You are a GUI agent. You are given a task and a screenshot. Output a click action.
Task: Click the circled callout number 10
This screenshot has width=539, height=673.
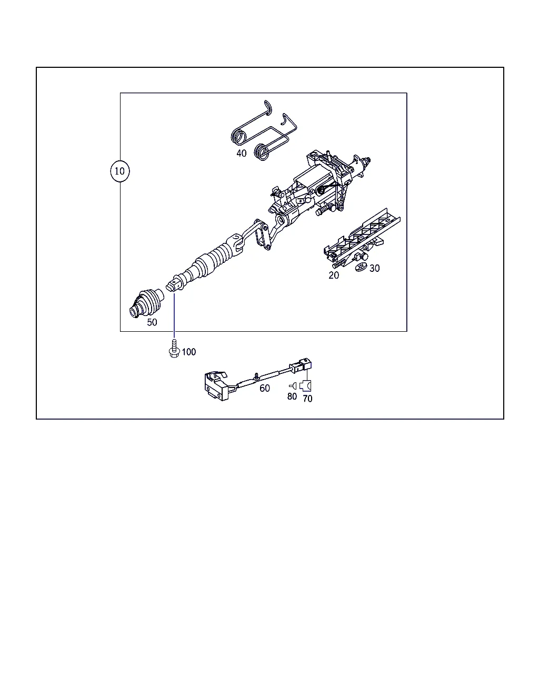120,171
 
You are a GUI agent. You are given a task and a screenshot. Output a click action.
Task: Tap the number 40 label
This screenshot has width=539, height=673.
242,153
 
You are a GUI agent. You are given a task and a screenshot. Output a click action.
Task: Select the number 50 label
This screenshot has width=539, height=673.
152,322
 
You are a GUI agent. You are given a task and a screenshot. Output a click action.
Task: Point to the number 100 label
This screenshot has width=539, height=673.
189,352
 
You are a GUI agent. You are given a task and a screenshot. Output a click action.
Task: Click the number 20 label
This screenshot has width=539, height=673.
334,275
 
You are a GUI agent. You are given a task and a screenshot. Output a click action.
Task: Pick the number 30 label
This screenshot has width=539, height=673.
375,268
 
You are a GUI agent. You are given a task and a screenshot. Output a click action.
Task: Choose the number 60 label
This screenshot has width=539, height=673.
265,388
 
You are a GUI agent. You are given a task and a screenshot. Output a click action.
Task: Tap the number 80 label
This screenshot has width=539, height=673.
292,396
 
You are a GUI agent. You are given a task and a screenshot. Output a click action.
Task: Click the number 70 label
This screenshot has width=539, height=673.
307,399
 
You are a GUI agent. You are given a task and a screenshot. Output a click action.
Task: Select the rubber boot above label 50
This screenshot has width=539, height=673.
146,303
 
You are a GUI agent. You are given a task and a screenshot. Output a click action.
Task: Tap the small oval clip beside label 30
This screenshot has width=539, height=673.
362,267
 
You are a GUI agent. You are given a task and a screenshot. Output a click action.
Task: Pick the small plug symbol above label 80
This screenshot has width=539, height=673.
293,386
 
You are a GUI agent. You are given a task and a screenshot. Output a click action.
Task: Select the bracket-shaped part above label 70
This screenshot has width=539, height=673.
305,386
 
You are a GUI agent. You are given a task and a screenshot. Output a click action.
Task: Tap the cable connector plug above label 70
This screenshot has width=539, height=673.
301,366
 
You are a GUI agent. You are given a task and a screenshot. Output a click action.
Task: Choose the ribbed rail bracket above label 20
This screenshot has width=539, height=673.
362,238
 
